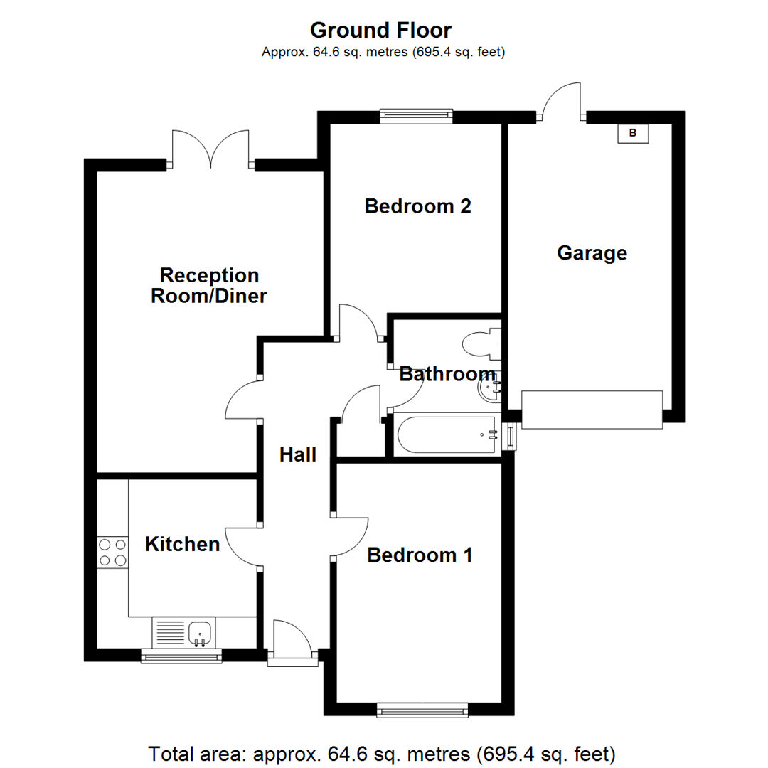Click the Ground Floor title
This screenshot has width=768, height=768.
380,31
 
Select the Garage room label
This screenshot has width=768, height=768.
592,252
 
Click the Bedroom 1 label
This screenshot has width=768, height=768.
420,555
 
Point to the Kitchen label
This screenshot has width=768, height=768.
182,544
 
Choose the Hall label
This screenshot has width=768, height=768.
297,454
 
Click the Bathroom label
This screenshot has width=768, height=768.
447,374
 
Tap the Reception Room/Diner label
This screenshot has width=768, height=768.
208,285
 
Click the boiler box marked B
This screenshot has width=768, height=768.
633,133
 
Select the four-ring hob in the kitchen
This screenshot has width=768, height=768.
112,553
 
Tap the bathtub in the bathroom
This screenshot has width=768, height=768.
447,435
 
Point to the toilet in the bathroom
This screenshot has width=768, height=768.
481,345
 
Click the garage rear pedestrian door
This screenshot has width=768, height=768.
562,102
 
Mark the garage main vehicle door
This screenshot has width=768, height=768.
592,410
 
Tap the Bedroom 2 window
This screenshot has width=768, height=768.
416,116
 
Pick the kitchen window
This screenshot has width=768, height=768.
181,656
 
